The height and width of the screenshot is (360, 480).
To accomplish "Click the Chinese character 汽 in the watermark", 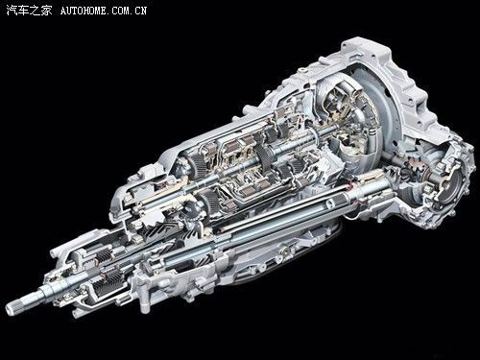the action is [x=12, y=11].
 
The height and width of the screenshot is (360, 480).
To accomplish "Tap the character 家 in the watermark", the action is [x=46, y=11].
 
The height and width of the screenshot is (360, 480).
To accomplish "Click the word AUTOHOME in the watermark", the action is [x=84, y=11].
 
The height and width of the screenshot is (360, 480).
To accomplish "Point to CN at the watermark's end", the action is [x=141, y=11].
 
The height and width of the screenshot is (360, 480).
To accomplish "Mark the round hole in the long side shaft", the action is [x=329, y=204].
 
